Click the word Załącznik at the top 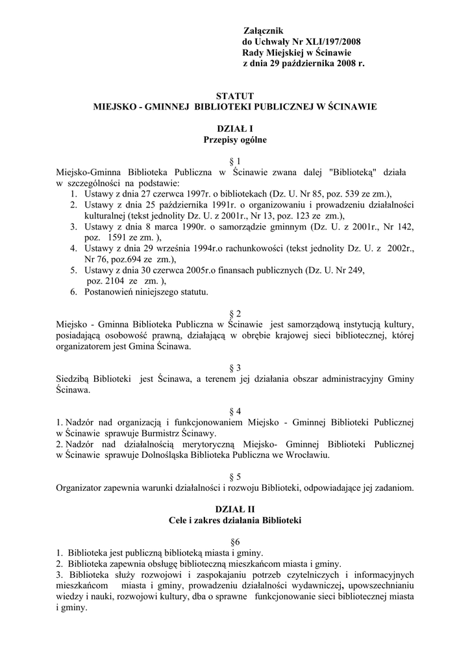(263, 30)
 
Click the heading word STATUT (234, 95)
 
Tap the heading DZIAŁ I (235, 128)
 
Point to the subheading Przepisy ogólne (235, 139)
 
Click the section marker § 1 (236, 161)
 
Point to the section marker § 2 (236, 313)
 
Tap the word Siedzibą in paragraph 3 (75, 379)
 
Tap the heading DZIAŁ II (235, 510)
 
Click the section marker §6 (235, 542)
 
